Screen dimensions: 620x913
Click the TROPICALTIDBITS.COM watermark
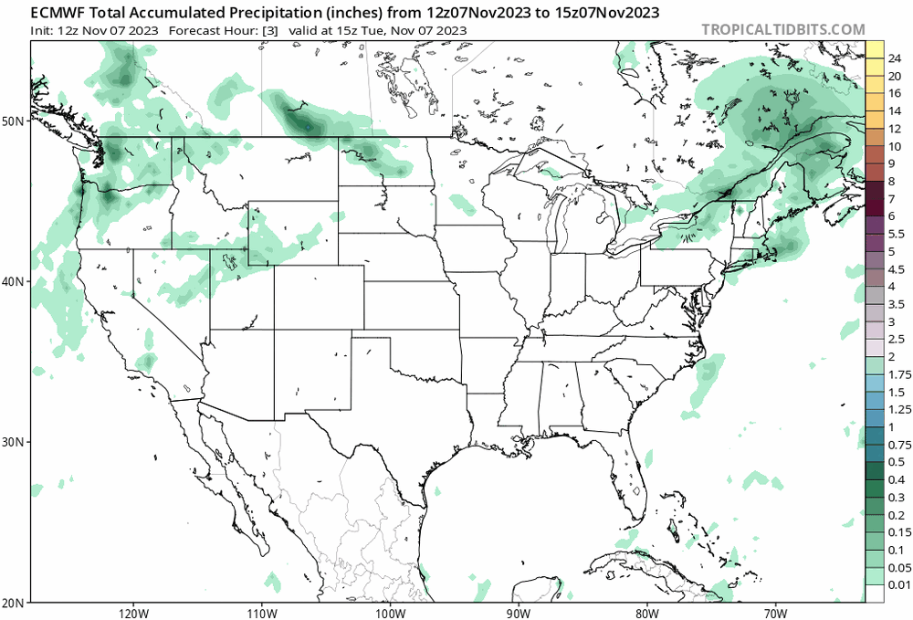click(x=782, y=29)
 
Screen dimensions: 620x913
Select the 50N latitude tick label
click(x=14, y=121)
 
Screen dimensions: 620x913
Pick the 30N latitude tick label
click(x=14, y=442)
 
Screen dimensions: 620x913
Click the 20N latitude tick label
click(x=14, y=602)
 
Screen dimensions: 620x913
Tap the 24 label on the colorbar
click(x=895, y=59)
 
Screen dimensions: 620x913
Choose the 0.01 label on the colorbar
click(x=897, y=584)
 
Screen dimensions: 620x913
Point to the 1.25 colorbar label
click(x=897, y=409)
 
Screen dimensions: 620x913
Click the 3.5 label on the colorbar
click(x=897, y=304)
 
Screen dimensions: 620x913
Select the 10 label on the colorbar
click(x=895, y=146)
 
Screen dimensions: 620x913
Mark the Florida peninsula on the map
click(x=637, y=475)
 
